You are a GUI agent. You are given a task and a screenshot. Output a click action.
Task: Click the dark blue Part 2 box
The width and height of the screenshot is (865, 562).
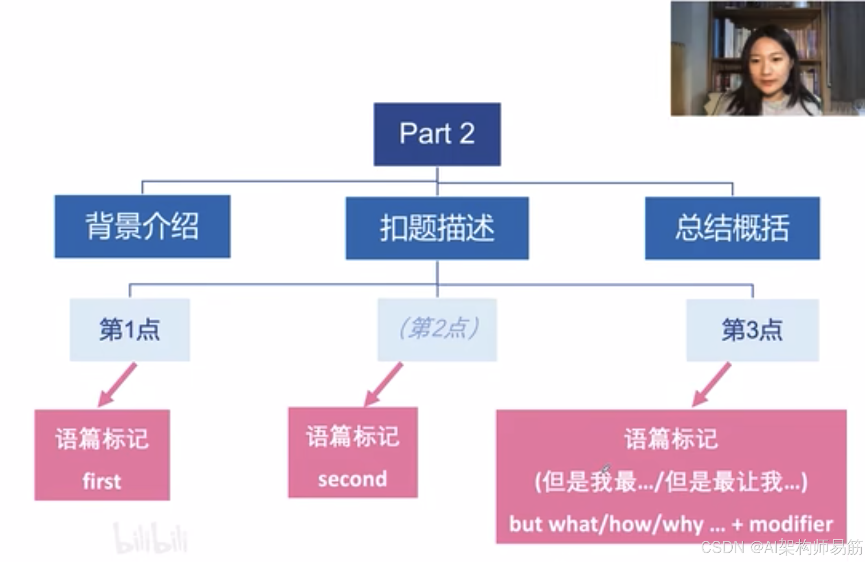(x=437, y=134)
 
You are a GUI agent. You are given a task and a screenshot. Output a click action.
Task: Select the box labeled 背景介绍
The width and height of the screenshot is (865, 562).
(x=142, y=226)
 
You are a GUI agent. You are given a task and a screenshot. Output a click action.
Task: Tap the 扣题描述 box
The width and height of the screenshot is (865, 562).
(x=437, y=228)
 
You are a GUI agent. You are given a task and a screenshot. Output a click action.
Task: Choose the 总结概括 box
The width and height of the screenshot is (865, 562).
(x=732, y=228)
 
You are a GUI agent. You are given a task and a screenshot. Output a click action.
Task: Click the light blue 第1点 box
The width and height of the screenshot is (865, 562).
(x=130, y=329)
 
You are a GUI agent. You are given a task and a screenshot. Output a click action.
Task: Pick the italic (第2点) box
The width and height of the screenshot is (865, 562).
(x=437, y=329)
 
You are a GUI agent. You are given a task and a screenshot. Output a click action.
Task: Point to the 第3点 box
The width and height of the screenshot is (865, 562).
(x=752, y=330)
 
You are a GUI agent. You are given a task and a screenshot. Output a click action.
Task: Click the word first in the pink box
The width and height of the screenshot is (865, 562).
(x=102, y=481)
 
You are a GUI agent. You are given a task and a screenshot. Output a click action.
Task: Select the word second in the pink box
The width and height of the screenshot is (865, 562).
(x=353, y=479)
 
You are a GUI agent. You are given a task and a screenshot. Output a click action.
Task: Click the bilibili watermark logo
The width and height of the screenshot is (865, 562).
(x=150, y=539)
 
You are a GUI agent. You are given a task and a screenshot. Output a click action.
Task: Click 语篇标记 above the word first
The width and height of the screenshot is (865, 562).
(x=102, y=439)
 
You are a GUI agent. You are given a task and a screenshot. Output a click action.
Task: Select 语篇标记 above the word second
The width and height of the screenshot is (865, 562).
(x=353, y=437)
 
